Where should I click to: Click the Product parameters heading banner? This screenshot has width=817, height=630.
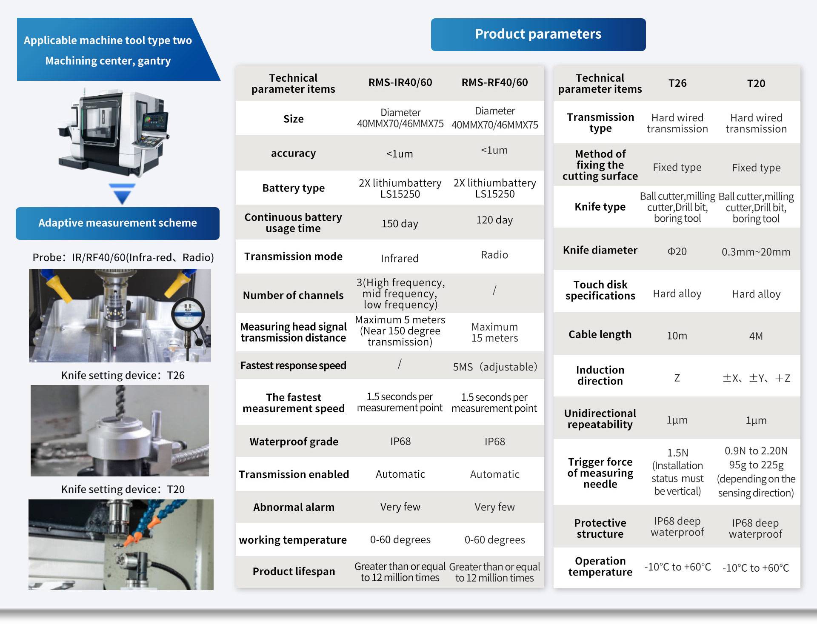(538, 34)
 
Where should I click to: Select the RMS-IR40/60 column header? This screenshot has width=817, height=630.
(400, 83)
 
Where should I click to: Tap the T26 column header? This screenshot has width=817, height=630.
(677, 83)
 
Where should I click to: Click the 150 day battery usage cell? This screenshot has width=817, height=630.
(400, 224)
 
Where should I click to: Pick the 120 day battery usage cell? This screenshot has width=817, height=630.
(494, 220)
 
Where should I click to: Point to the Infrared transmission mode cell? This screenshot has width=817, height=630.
(400, 258)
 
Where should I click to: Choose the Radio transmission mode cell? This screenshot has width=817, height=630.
(494, 255)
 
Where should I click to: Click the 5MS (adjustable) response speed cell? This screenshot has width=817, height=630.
(495, 367)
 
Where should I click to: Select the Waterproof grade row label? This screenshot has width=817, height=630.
(294, 442)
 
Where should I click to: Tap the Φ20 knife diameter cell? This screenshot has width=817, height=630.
(677, 251)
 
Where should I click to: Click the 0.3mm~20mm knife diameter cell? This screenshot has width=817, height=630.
(756, 252)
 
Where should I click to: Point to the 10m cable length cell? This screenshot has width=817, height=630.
(677, 336)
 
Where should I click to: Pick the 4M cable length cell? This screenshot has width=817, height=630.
(756, 336)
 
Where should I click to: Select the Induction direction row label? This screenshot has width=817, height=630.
(600, 376)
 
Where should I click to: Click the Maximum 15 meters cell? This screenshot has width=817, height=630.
(494, 333)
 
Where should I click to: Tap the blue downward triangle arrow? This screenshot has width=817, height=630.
(122, 194)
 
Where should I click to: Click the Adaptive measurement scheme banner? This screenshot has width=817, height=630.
(117, 223)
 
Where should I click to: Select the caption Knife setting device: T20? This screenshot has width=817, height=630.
(123, 489)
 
